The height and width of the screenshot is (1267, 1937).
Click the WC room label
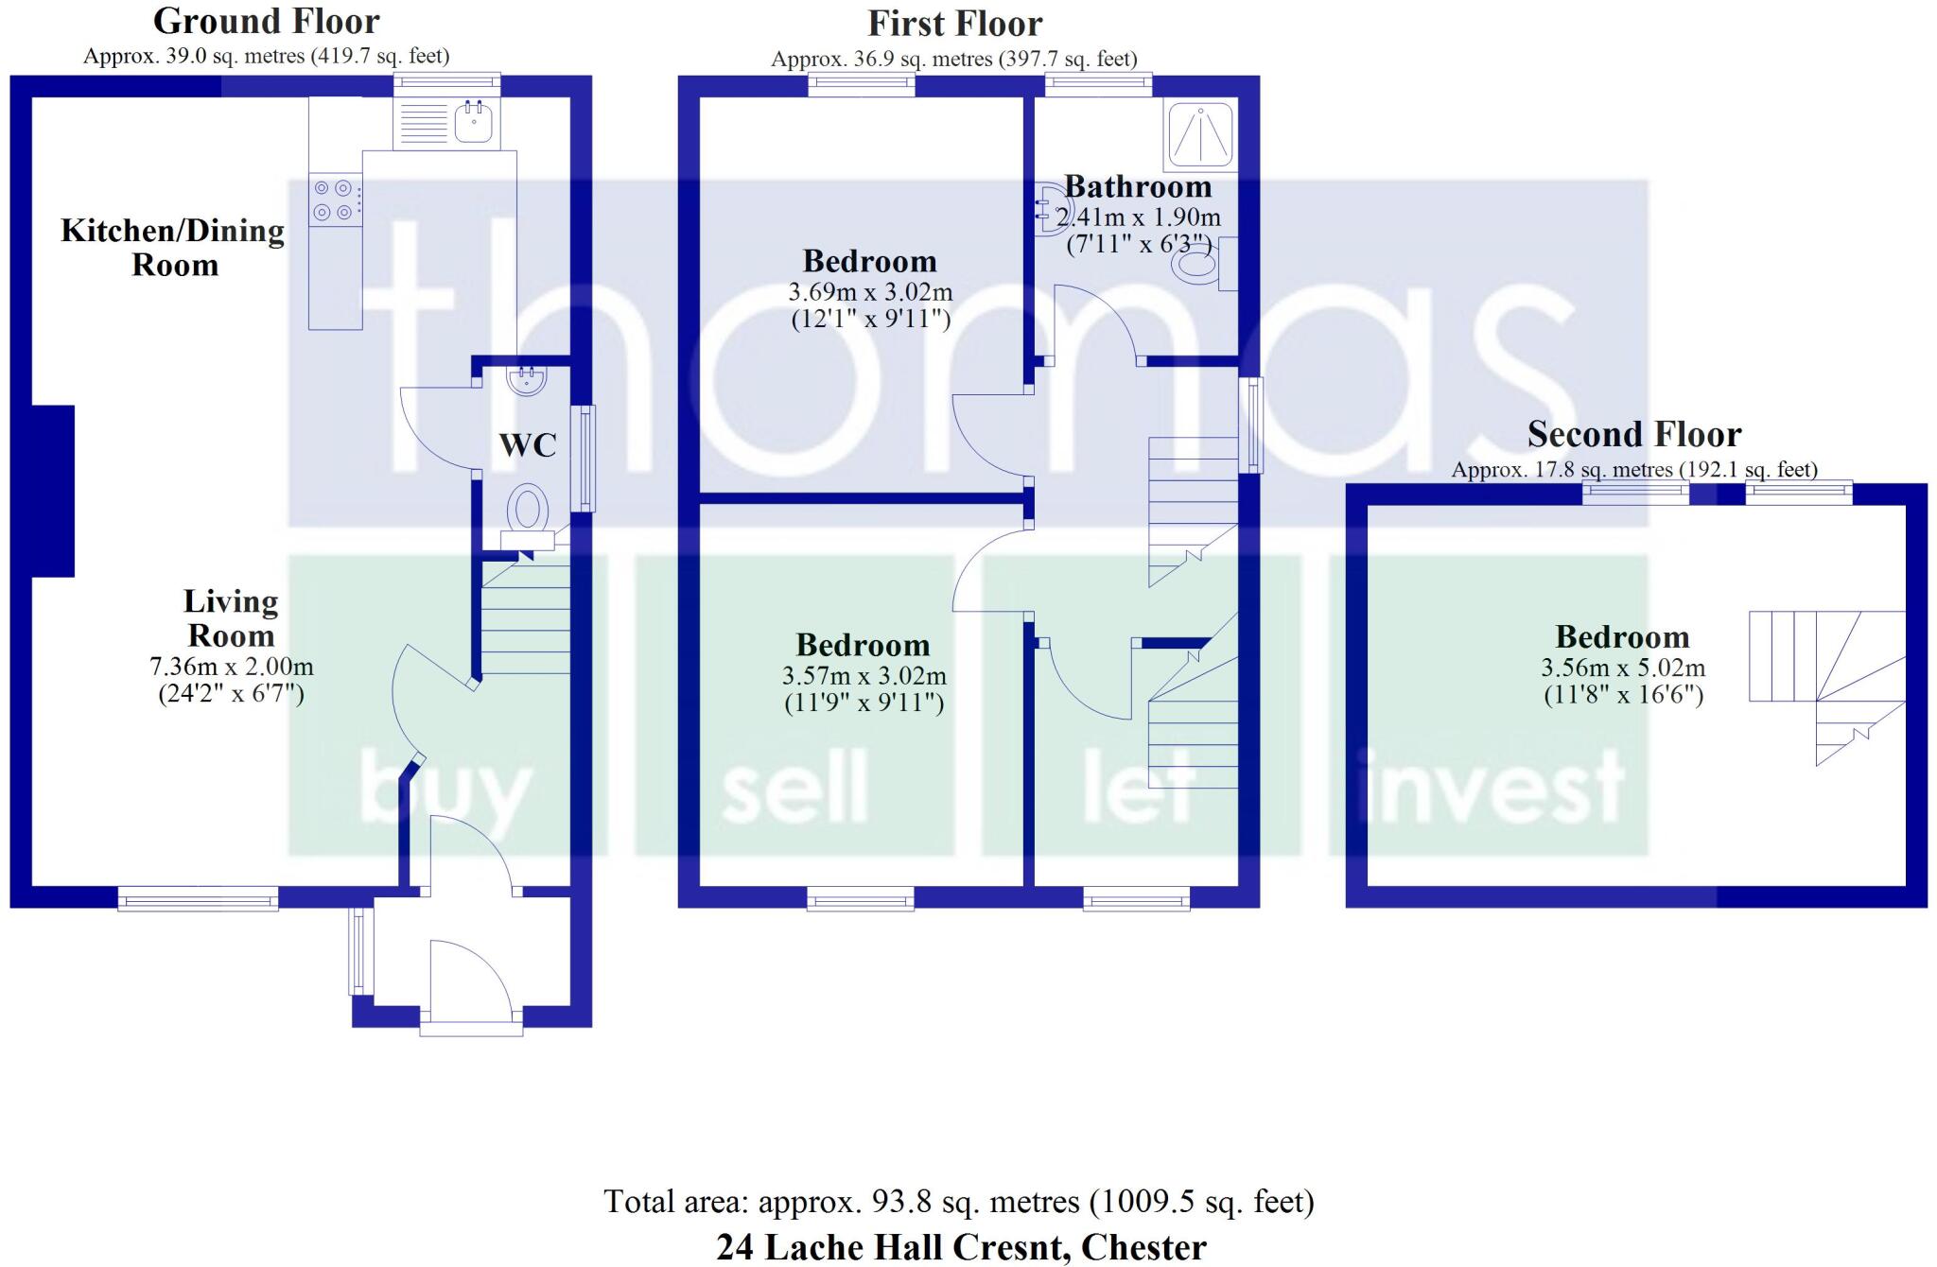pos(527,445)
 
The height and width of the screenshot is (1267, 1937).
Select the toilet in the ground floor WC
pos(528,511)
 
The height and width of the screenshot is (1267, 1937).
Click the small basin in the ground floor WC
pos(526,381)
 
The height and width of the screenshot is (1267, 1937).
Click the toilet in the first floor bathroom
pos(1197,264)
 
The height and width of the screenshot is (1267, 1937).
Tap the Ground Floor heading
pos(267,21)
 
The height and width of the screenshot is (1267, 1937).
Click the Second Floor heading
pos(1633,434)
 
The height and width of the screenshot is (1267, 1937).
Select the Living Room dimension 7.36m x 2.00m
pos(232,667)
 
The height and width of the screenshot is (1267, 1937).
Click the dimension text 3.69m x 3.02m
pos(870,291)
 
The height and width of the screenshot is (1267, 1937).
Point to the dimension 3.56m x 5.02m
pos(1623,668)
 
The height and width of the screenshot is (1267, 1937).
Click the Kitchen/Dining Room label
pos(173,247)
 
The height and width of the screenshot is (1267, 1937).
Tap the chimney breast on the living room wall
pos(53,491)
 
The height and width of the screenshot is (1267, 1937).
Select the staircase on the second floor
pos(1825,681)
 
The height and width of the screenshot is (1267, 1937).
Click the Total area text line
pos(958,1202)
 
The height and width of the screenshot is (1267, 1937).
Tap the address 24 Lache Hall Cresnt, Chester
pos(961,1247)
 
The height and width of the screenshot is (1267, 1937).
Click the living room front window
pos(198,898)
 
